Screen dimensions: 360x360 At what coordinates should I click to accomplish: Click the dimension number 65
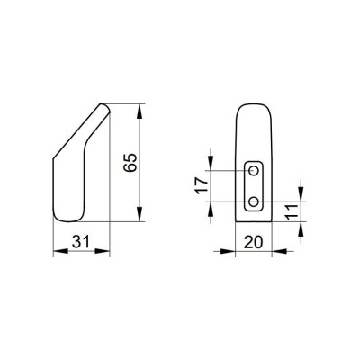coord(130,163)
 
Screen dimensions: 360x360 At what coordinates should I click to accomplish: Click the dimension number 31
coord(80,242)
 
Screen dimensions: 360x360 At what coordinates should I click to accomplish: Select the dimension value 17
coord(202,185)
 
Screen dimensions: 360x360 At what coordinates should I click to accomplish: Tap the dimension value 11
coord(291,211)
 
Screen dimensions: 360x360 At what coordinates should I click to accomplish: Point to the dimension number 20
coord(254,242)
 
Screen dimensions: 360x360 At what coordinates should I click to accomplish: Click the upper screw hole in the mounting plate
coord(254,171)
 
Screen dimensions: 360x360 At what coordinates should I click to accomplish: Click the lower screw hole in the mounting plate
coord(254,202)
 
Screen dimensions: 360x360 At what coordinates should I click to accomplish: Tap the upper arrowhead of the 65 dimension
coord(139,112)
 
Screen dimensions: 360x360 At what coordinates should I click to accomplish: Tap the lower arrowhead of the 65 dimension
coord(139,214)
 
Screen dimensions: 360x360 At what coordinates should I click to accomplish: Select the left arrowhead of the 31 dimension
coord(60,251)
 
